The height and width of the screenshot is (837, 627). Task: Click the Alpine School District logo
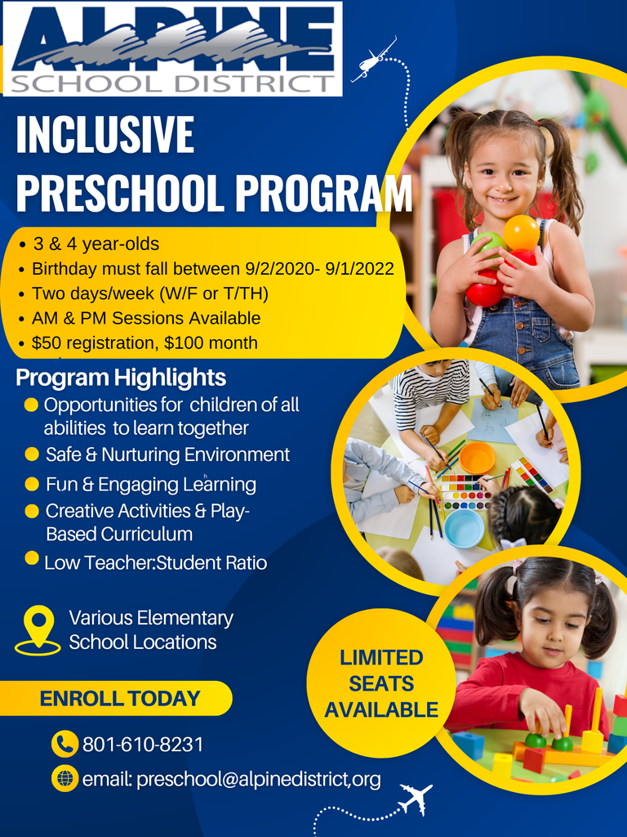pos(173,49)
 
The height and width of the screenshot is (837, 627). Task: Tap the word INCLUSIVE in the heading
pos(105,136)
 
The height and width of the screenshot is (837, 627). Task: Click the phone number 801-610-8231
pos(143,745)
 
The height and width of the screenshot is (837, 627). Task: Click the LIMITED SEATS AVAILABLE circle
pos(381,683)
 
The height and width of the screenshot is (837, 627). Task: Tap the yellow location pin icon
pos(38,627)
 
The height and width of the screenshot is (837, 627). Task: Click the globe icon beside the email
pos(64,779)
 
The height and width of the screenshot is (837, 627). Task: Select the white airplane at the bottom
pos(416,798)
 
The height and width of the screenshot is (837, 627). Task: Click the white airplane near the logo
pos(373,60)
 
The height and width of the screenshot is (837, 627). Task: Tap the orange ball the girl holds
pos(521,232)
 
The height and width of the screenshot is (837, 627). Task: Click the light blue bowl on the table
pos(464,527)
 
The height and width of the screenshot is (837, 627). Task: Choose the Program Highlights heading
pos(121,378)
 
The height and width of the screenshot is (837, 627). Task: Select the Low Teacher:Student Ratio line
pos(155,562)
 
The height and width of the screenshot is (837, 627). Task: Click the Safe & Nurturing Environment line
pos(167,454)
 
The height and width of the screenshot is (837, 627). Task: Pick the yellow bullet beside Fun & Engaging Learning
pos(32,484)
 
